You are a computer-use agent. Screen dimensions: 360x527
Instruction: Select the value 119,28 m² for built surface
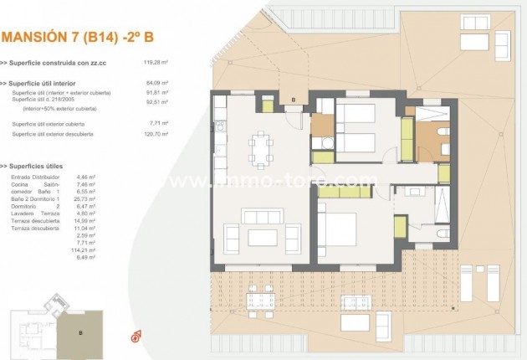click(156, 62)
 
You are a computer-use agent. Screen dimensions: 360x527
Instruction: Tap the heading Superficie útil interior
click(47, 84)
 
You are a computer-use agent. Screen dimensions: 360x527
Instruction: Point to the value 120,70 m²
click(156, 133)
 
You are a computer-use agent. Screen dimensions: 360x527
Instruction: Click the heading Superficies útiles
click(37, 167)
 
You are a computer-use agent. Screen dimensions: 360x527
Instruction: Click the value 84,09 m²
click(157, 84)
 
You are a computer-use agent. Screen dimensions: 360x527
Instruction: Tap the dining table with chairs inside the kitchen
click(260, 149)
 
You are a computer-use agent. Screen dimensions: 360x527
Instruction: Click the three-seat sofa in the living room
click(263, 215)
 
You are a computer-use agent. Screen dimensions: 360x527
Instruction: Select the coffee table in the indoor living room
click(263, 235)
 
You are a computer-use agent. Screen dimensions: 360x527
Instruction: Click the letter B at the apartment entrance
click(294, 100)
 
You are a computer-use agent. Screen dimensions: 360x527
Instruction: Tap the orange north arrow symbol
click(135, 337)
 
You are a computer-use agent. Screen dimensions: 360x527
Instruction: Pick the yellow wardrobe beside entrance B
click(268, 105)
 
